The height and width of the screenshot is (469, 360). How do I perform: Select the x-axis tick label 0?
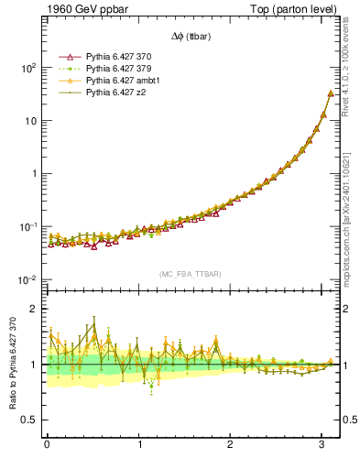[x=47, y=444]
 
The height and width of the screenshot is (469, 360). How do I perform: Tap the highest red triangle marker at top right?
[x=330, y=93]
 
